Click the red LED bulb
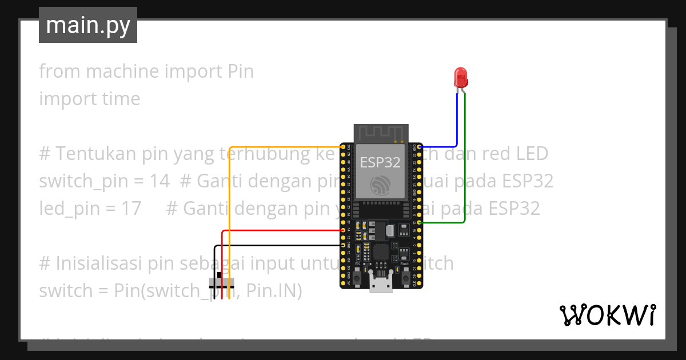[x=460, y=77]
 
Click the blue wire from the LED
[x=457, y=120]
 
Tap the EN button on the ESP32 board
[x=357, y=278]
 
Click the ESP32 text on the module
[x=380, y=163]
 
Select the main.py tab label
[x=87, y=25]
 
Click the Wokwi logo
[x=607, y=315]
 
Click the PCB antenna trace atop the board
[x=381, y=133]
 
